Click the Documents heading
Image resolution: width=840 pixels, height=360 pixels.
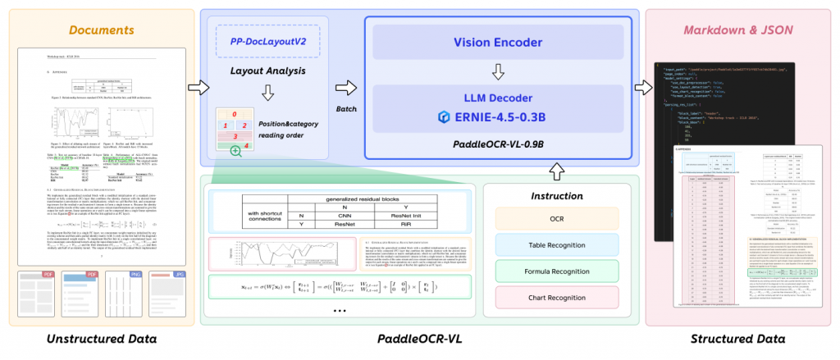101,30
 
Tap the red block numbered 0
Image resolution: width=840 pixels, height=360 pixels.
235,114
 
